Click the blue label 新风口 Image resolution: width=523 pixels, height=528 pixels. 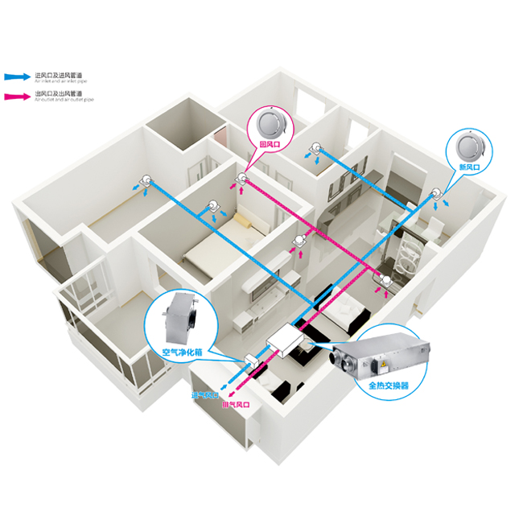467,166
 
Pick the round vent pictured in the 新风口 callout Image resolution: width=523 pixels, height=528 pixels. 467,145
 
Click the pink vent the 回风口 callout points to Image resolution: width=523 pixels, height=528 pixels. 241,178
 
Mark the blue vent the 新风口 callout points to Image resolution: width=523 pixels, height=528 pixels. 436,193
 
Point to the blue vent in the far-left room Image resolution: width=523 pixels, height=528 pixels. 146,181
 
